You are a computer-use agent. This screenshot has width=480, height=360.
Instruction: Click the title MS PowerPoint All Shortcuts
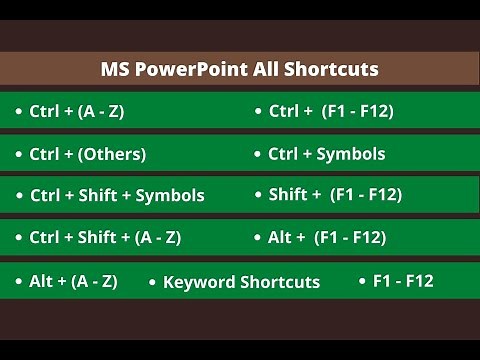point(240,70)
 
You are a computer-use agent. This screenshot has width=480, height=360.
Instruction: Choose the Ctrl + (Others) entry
point(87,154)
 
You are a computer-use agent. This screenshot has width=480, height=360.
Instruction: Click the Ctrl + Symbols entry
point(326,154)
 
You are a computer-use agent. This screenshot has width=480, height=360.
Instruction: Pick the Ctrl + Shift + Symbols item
point(117,195)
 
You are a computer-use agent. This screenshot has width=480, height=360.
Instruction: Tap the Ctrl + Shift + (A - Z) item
point(105,237)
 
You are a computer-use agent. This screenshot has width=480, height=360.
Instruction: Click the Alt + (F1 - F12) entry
point(327,237)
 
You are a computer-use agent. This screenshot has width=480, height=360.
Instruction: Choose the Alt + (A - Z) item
point(73,281)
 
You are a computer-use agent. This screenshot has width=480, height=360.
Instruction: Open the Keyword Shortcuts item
point(241,282)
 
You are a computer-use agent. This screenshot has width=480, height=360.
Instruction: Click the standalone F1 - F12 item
point(403,281)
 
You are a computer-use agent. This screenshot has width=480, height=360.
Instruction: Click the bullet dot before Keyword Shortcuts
point(152,282)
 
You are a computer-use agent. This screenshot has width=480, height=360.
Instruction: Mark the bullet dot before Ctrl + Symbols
point(258,154)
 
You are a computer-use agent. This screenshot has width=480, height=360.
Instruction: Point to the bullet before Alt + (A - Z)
point(19,281)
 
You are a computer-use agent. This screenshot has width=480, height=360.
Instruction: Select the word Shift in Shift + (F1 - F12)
point(288,194)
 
